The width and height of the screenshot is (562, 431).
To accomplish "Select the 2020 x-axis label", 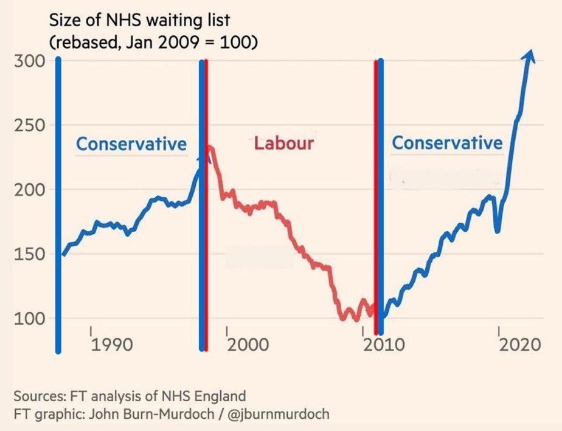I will pos(520,345).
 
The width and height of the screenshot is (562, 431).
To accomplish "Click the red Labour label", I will pos(283,143).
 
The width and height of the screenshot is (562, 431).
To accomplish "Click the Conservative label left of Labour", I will pos(131,144).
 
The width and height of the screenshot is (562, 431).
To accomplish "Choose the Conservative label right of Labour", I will pos(447,143).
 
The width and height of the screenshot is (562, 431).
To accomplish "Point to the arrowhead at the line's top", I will pos(529,55).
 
